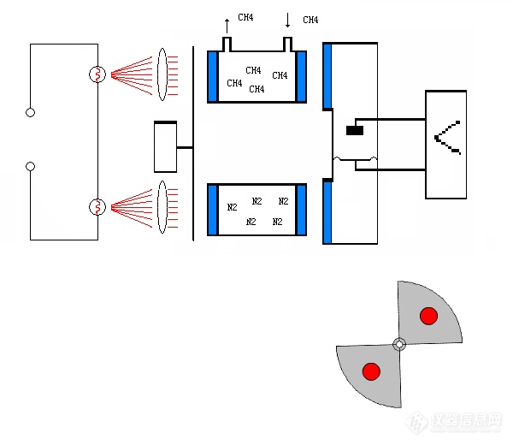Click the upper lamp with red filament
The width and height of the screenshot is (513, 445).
coord(97,74)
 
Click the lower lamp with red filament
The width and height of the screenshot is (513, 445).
coord(97,207)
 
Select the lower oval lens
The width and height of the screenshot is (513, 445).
coord(162,206)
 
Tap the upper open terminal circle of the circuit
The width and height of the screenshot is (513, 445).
coord(31,112)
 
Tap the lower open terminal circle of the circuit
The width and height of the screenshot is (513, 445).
coord(31,166)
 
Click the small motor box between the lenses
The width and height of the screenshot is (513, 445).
coord(165,147)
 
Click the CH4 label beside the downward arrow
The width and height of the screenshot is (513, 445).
coord(310,20)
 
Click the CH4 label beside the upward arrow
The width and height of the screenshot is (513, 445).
coord(245,17)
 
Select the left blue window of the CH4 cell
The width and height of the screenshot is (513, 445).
coord(212,77)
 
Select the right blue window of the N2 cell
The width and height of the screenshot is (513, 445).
coord(301,210)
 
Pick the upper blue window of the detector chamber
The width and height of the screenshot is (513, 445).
coord(327,77)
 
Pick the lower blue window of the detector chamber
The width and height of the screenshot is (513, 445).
coord(327,211)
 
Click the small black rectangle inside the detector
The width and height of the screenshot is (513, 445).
coord(355,131)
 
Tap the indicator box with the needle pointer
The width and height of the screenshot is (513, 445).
coord(446,145)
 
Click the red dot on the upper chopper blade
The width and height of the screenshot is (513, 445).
coord(428,317)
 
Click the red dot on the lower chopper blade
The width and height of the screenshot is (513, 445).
coord(371,371)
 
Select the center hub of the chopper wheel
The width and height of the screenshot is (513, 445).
coord(399,344)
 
